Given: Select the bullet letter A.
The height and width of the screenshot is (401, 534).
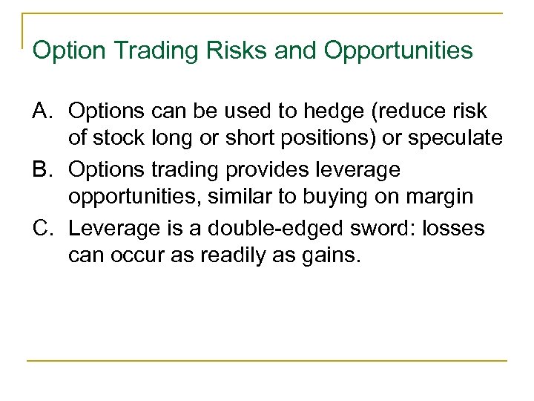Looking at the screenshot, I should (44, 111).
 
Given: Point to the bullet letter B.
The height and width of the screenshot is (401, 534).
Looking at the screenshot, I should (44, 170).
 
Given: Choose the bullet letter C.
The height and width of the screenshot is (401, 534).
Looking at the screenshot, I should (44, 228).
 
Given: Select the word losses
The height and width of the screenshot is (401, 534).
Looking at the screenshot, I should (454, 228).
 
